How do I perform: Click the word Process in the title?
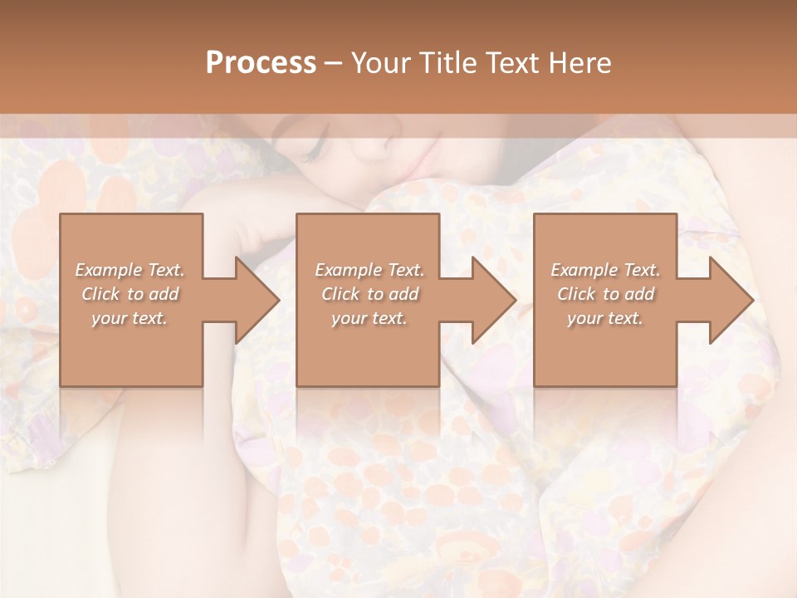(x=261, y=63)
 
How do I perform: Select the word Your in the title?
(x=379, y=63)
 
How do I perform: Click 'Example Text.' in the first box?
(x=130, y=270)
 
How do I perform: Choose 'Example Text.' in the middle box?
(x=369, y=270)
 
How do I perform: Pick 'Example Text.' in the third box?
(x=605, y=270)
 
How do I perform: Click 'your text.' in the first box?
(x=130, y=318)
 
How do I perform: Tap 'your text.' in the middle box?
(x=369, y=318)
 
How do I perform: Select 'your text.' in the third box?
(x=605, y=318)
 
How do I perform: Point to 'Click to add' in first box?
(x=130, y=294)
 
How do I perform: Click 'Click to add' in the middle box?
(x=369, y=294)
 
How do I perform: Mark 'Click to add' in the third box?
(x=605, y=294)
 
